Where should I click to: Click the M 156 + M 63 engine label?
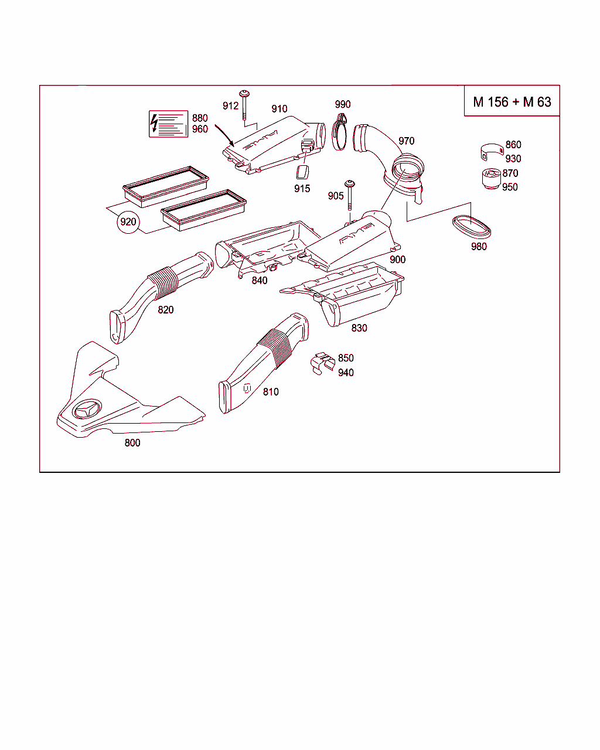pyautogui.click(x=512, y=102)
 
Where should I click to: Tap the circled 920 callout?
pyautogui.click(x=128, y=221)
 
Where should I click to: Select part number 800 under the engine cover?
pyautogui.click(x=132, y=443)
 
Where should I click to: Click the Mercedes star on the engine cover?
pyautogui.click(x=87, y=410)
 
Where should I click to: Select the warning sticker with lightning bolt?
pyautogui.click(x=168, y=124)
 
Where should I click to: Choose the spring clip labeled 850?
pyautogui.click(x=322, y=363)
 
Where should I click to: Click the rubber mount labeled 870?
pyautogui.click(x=489, y=179)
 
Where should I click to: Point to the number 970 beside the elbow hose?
pyautogui.click(x=406, y=141)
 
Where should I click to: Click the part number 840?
pyautogui.click(x=260, y=280)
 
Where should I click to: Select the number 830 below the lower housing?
pyautogui.click(x=359, y=328)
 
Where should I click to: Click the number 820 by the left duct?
pyautogui.click(x=166, y=309)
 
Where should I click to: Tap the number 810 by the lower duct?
pyautogui.click(x=271, y=391)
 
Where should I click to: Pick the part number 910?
pyautogui.click(x=279, y=108)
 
